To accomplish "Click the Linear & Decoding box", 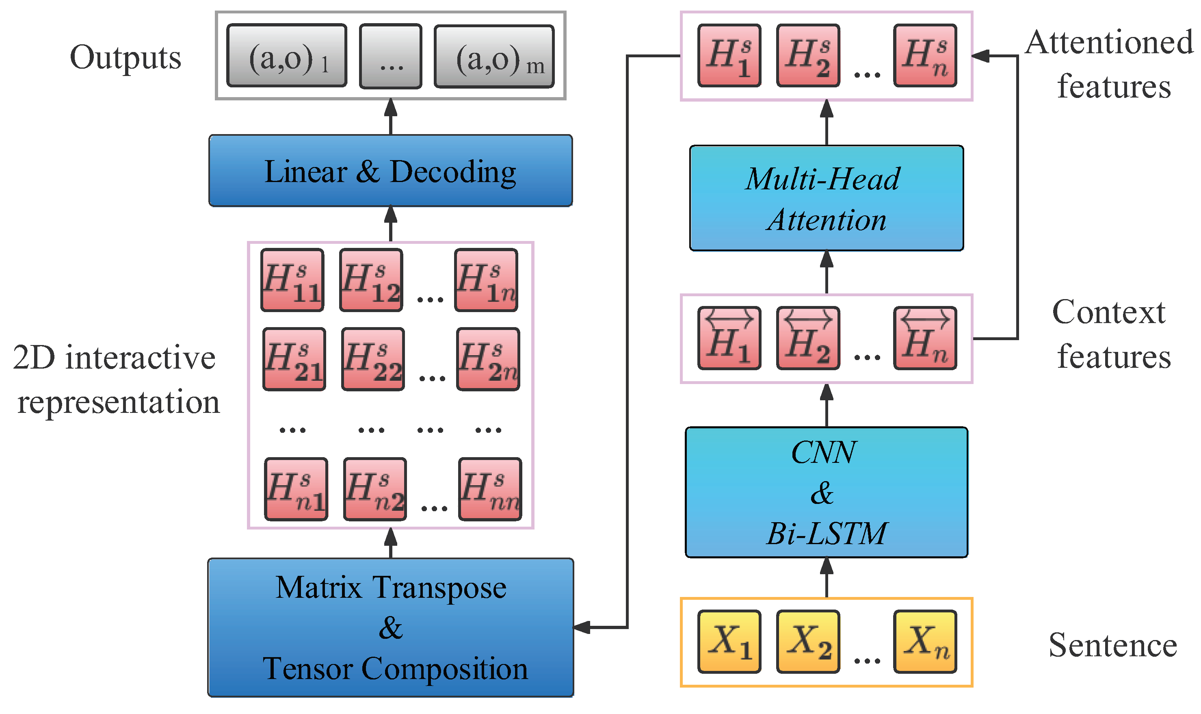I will click(x=390, y=171).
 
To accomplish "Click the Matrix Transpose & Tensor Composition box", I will click(x=390, y=627).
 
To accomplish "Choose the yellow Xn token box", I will click(x=924, y=641).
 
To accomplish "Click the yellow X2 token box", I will click(x=807, y=641).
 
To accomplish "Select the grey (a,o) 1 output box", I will click(x=287, y=56).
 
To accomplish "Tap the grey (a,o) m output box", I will click(x=494, y=57).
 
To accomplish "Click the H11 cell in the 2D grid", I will click(x=292, y=280).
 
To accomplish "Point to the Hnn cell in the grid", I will click(x=489, y=489).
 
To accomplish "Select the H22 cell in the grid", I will click(x=372, y=359).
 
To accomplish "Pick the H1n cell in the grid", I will click(x=486, y=280).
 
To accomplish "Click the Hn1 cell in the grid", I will click(x=296, y=489).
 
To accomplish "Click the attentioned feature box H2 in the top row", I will click(x=807, y=56).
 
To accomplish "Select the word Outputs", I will click(x=126, y=58).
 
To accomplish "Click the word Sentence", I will click(x=1112, y=645).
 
